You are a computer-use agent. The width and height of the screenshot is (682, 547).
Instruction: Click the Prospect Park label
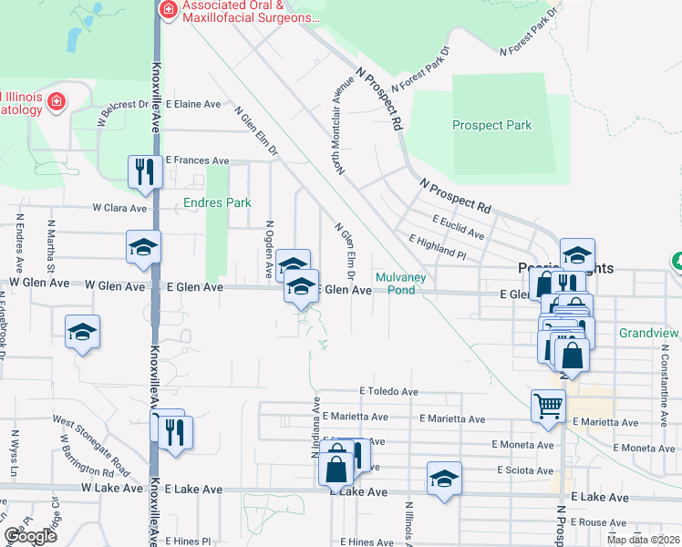coord(492,125)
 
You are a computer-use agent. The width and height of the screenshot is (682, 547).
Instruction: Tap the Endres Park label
coord(217,202)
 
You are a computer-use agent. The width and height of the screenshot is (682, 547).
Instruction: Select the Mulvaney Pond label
coord(396,284)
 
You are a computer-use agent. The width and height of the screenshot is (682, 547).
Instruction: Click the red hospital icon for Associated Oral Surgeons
coord(168,10)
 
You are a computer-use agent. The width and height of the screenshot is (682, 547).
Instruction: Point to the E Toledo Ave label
coord(388,391)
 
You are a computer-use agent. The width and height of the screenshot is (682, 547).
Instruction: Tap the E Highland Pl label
coord(438,245)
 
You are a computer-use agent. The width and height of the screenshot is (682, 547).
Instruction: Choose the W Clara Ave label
coord(119,208)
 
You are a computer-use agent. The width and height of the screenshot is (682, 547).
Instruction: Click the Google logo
coord(30,535)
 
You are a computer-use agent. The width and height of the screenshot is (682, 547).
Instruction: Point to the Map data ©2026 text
coord(643,540)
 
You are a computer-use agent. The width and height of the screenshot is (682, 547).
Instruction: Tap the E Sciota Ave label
coord(524,470)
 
